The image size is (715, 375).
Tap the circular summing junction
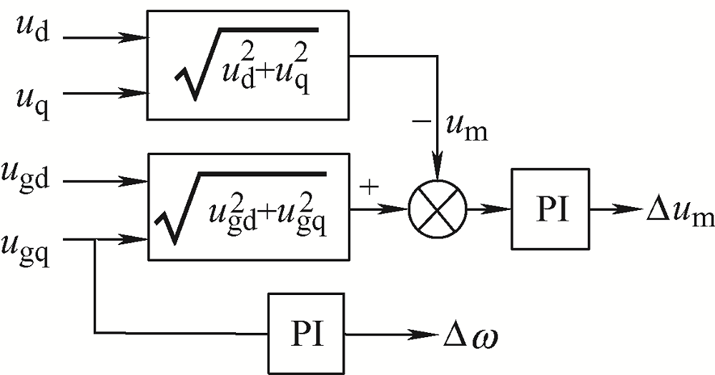click(437, 209)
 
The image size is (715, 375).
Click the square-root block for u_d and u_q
click(248, 64)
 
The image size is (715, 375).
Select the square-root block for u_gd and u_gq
click(248, 206)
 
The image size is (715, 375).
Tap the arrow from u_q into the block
click(107, 92)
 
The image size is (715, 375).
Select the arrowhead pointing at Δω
click(430, 334)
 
